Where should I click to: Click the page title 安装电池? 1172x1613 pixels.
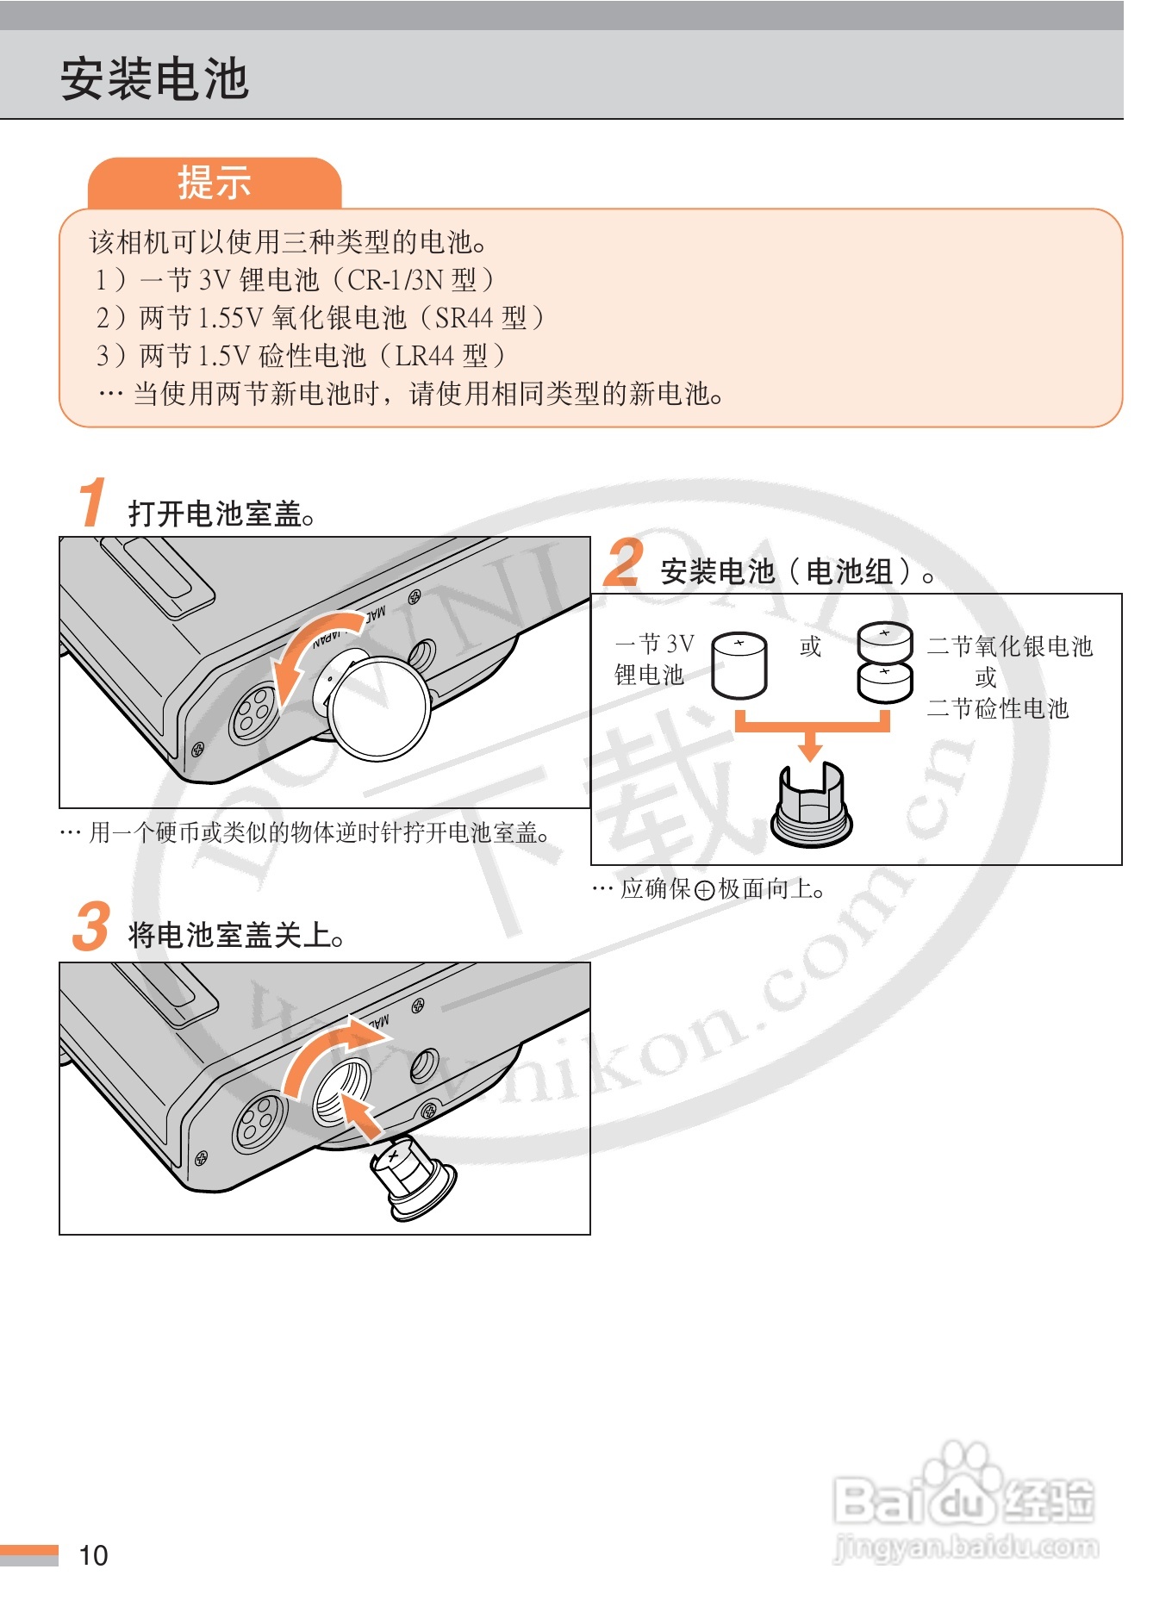click(154, 78)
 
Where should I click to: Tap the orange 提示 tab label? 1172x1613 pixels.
click(215, 183)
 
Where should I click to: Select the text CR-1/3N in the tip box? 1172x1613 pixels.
click(396, 280)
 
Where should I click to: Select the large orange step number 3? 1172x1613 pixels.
click(91, 926)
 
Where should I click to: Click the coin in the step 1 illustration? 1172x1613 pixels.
click(380, 707)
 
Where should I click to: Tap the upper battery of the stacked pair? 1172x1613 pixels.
click(885, 642)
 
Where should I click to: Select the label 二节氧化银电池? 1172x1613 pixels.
click(1010, 646)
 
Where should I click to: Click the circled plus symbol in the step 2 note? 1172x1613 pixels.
click(704, 890)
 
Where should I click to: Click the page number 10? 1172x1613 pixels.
click(93, 1555)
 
